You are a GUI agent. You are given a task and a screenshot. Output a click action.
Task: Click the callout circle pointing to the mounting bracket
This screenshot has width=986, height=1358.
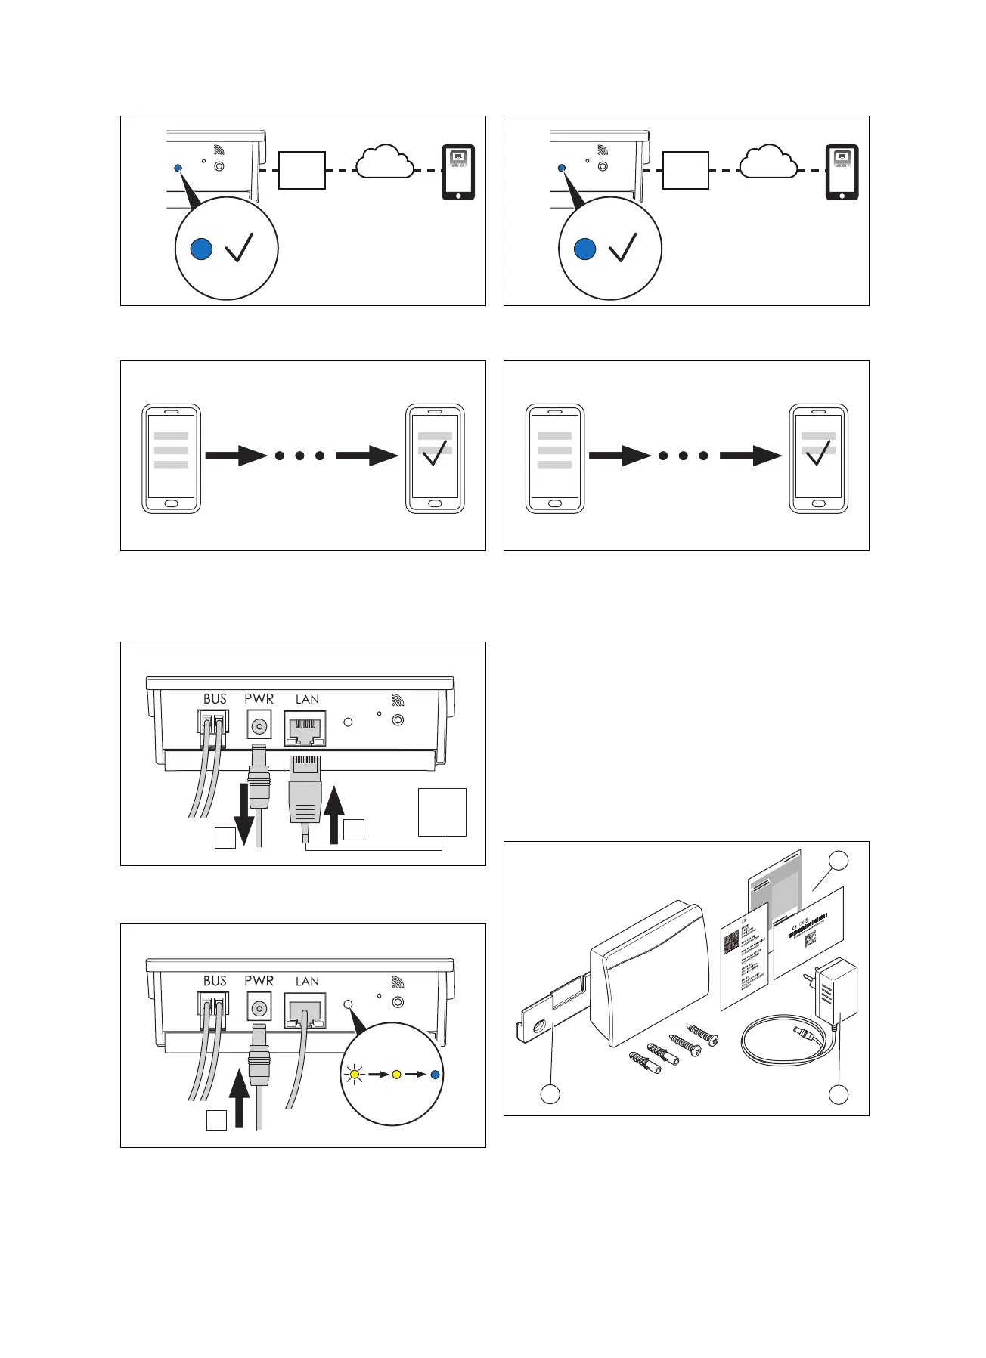550,1094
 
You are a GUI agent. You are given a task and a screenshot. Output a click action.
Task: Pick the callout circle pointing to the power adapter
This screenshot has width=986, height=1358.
838,1094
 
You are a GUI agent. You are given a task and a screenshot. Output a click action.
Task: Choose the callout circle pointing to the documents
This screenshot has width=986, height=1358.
838,860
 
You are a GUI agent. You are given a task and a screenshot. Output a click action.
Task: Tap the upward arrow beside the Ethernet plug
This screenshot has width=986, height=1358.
333,813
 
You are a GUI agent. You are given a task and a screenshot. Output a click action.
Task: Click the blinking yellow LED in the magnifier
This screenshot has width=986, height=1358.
353,1074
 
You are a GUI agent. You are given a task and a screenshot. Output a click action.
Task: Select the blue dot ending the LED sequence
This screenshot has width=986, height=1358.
434,1074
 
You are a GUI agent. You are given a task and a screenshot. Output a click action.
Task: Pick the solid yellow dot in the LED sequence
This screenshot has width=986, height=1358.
395,1074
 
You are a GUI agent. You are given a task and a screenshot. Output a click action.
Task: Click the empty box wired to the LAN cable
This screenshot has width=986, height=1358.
442,812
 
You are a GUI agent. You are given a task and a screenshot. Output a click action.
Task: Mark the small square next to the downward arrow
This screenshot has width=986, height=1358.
225,838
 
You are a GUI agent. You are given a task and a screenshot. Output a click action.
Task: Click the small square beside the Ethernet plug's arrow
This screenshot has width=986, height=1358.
354,829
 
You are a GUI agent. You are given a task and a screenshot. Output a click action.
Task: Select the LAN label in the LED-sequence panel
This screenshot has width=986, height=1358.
307,982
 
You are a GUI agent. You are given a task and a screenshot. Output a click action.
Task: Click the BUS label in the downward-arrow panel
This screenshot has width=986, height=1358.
215,699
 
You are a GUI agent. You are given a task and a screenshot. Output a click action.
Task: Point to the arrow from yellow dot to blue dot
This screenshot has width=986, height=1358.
415,1074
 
